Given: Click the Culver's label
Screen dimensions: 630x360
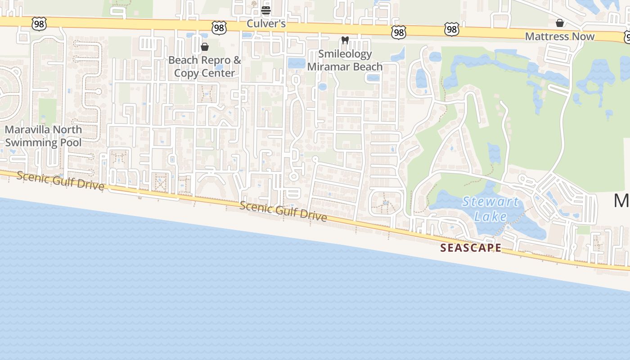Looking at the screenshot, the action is coord(266,23).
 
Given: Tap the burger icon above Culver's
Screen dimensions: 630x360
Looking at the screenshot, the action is coord(266,10).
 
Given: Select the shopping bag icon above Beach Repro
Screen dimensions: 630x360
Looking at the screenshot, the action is coord(205,47).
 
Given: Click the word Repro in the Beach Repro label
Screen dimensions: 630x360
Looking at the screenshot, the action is coord(216,60).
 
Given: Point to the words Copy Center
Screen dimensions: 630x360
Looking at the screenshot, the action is coord(204,73).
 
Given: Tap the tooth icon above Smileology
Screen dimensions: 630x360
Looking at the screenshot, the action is coord(345,40).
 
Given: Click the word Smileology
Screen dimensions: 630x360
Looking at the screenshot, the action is coord(345,54).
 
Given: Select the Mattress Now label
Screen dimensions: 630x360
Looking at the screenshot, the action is coord(560,36).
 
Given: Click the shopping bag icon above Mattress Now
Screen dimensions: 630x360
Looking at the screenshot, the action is coord(560,23).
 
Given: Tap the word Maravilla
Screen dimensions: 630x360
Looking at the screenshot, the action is coord(30,130).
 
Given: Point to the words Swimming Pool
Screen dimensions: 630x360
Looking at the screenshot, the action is coord(43,143).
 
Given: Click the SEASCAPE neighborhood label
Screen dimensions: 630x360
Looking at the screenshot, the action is coord(471,248).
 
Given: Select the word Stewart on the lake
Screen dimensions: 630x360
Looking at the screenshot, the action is coord(490,202).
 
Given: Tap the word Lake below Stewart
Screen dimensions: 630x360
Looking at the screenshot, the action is coord(490,216).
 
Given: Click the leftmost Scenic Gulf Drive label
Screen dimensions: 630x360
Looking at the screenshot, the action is coord(60,180).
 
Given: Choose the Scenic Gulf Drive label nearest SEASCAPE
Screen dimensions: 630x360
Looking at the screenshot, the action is coord(283,211).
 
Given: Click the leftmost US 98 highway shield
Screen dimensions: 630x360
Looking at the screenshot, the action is coord(39,24).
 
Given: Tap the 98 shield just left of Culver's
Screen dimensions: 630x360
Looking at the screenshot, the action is coord(219,28).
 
